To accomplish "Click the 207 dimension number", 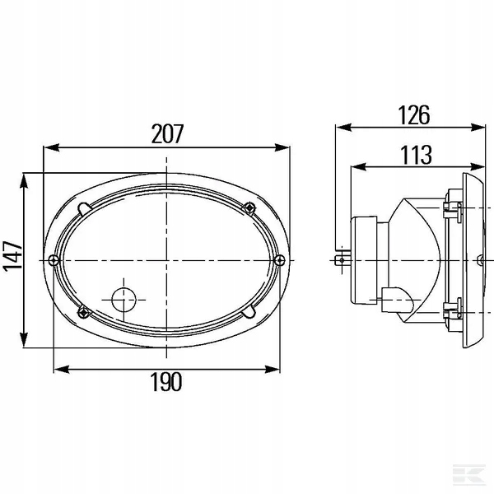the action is tap(167, 134).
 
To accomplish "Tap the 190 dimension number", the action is tap(166, 382).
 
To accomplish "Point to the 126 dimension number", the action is tap(414, 115).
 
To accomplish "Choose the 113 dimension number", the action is tap(416, 155).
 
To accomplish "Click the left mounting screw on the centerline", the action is tap(54, 260).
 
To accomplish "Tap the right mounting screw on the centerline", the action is tap(279, 260).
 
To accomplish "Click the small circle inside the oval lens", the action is tap(123, 300).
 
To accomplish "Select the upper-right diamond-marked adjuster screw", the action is tap(249, 208).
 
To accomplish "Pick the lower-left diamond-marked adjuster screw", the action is tap(83, 312).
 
